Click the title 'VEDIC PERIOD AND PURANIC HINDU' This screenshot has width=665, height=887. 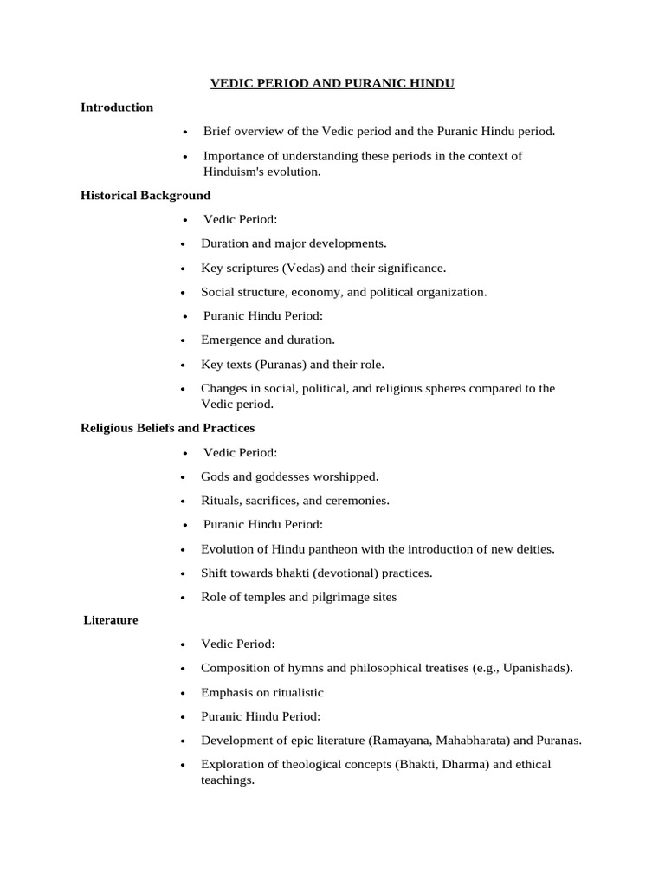click(332, 83)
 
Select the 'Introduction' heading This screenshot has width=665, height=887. click(116, 107)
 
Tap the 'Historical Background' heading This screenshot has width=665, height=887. click(145, 196)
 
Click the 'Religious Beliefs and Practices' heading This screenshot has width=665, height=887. click(167, 428)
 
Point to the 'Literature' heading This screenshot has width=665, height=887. click(111, 620)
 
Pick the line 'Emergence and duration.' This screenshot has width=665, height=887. click(268, 340)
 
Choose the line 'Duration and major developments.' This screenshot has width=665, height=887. click(294, 243)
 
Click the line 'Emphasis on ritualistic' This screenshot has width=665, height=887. click(262, 692)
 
